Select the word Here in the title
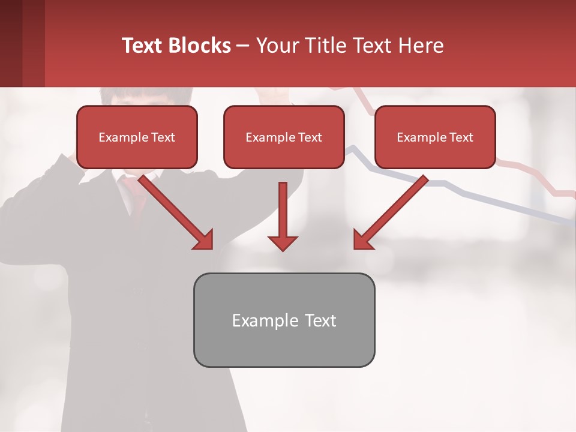coord(421,46)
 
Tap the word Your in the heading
coord(276,46)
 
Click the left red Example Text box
coord(137,137)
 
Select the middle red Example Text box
coord(284,137)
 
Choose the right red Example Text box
coord(435,137)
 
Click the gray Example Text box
coord(284,320)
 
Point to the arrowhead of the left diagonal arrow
coord(204,241)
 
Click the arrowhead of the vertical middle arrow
coord(283,242)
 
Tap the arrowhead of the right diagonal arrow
coord(362,241)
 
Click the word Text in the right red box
coord(461,137)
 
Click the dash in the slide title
coord(243,46)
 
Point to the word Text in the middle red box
coord(310,137)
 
